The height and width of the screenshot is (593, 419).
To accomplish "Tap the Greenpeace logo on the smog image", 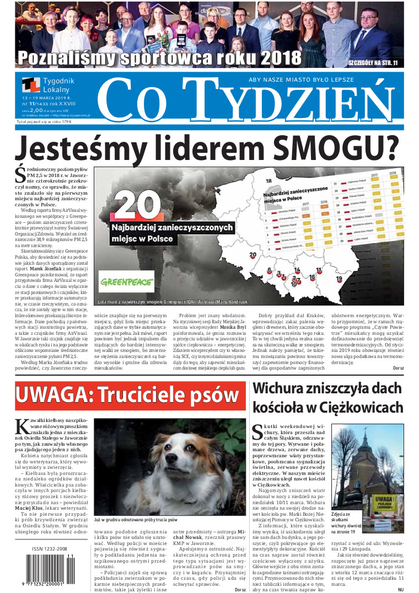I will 127,281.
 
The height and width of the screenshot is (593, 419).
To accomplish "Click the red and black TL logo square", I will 31,84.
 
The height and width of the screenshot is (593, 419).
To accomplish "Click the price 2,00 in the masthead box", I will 36,110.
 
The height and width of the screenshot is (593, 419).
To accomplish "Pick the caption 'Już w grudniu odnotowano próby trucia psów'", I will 136,520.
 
